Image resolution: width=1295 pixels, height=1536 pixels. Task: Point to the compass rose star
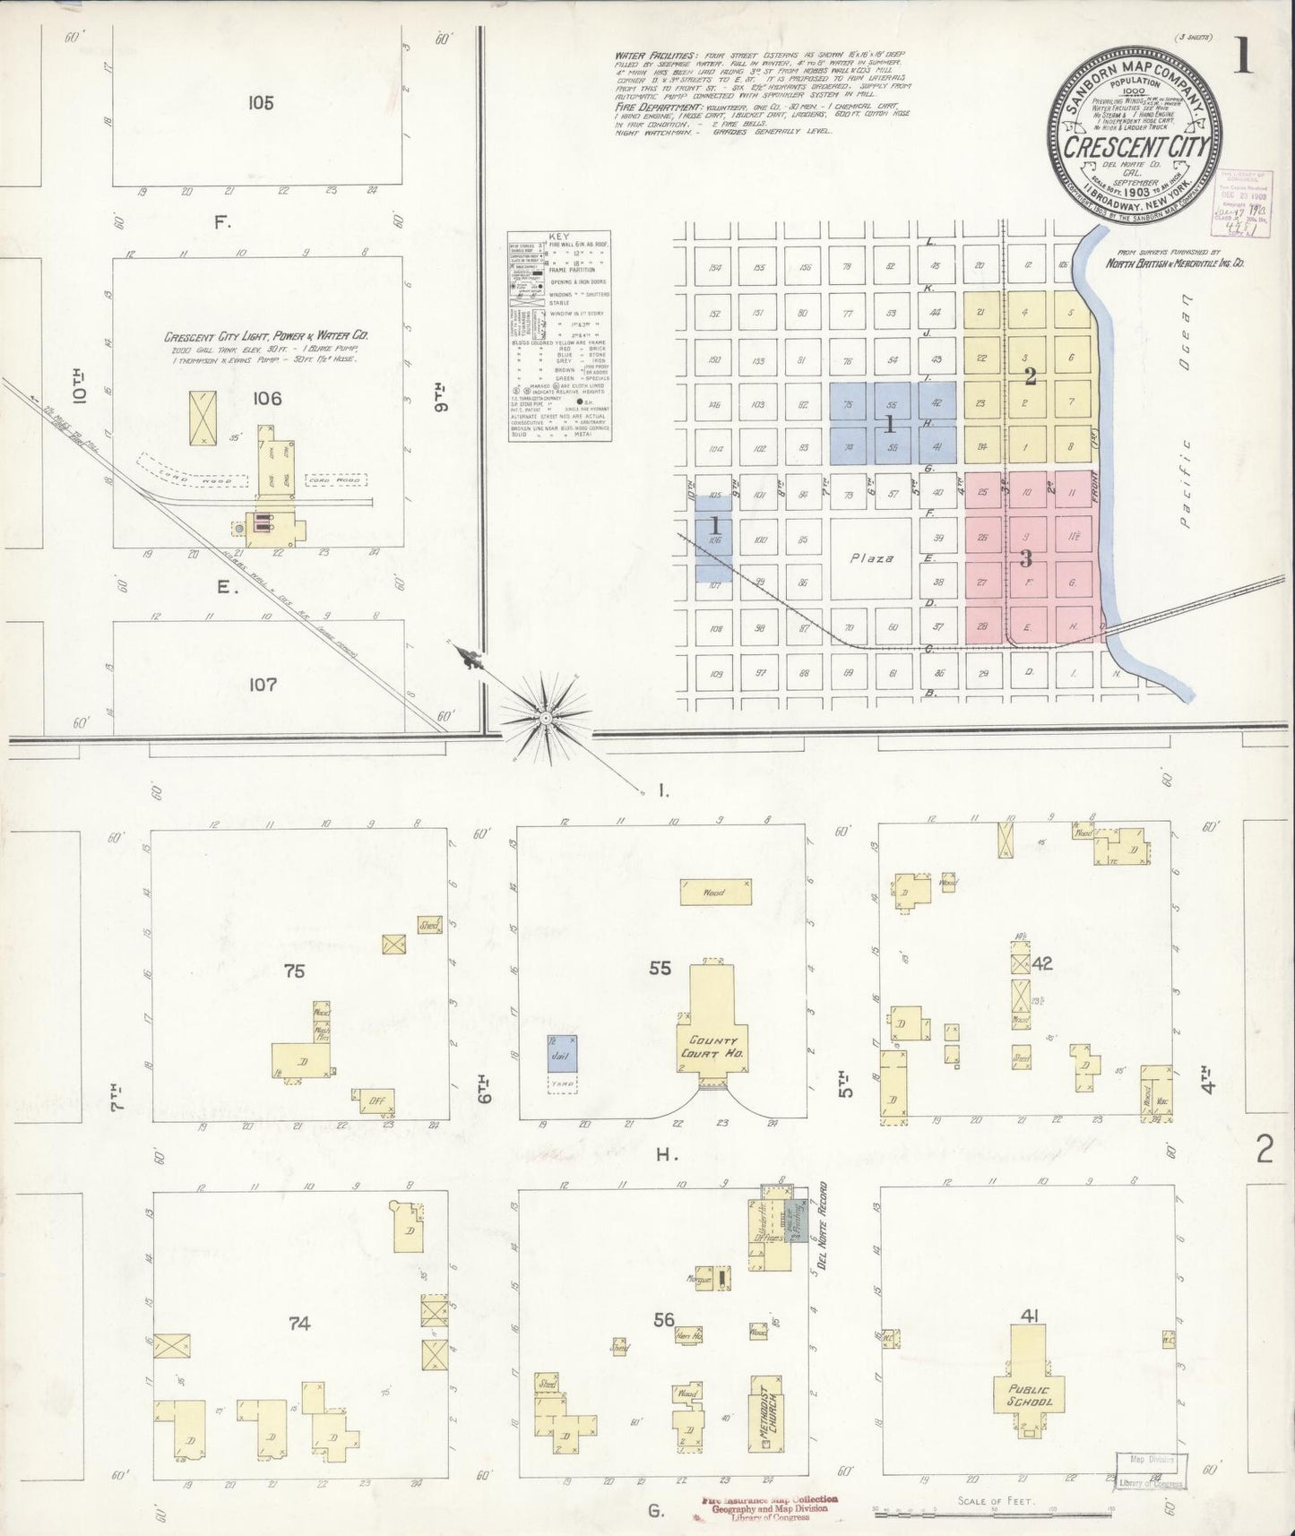tap(545, 717)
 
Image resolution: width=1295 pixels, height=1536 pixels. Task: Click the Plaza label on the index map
tap(871, 558)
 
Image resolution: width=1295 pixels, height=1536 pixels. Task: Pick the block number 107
tap(263, 685)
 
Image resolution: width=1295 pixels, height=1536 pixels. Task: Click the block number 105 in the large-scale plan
tap(261, 102)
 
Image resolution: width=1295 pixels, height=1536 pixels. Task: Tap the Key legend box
tap(559, 337)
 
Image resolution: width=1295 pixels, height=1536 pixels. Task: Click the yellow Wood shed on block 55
tap(715, 893)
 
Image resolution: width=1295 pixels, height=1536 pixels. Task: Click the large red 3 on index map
tap(1027, 558)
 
